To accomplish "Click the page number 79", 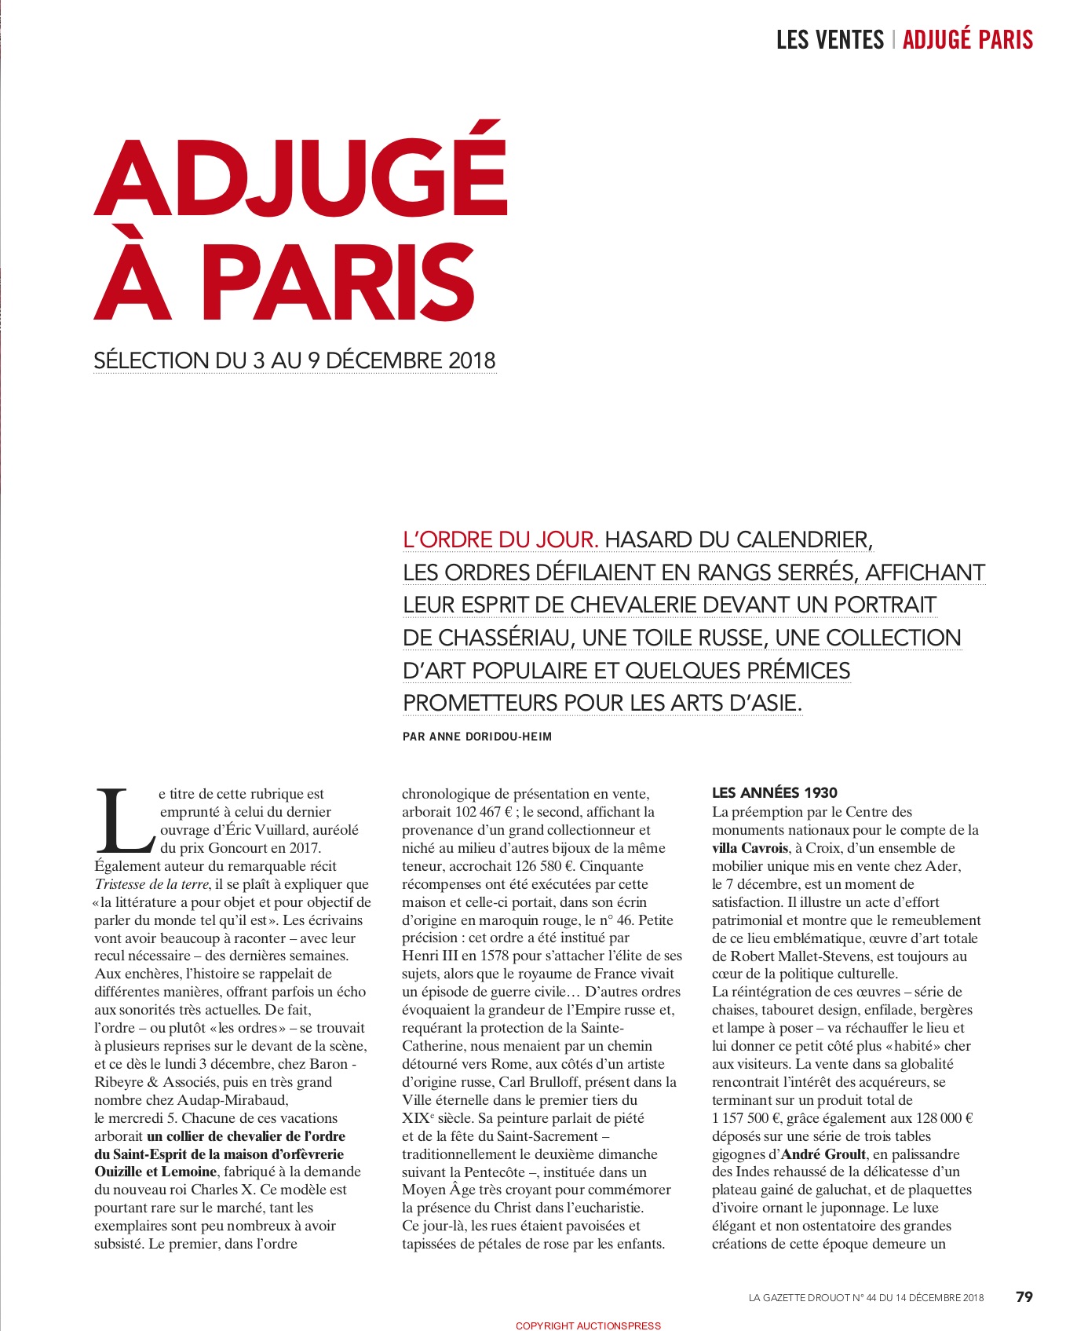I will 1024,1296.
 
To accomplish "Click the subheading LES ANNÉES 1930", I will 774,793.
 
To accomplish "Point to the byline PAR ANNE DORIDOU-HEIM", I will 476,737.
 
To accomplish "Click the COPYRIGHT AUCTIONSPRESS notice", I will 588,1326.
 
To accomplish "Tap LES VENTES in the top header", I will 829,39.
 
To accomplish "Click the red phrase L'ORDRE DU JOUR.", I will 501,540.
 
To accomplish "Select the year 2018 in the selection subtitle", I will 472,360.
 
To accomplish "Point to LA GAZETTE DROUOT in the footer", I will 799,1297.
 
